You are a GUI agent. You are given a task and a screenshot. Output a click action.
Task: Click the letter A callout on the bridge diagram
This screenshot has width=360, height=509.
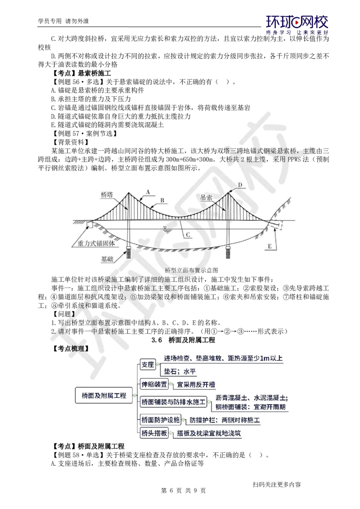point(148,192)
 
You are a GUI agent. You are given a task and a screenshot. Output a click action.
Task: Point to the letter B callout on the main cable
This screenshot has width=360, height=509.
point(162,200)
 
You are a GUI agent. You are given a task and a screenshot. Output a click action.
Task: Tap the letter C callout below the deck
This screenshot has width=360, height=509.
point(188,234)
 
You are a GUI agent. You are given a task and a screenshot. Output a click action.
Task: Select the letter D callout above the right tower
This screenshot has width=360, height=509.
point(240,185)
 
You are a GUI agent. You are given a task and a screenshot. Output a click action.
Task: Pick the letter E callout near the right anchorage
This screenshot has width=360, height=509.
point(270,246)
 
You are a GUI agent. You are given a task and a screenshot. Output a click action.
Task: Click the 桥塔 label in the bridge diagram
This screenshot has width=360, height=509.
point(107,194)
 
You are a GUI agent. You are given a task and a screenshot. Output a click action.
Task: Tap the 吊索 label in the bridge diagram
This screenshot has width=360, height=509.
point(206,197)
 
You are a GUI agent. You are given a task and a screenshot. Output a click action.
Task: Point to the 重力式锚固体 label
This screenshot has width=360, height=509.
point(96,243)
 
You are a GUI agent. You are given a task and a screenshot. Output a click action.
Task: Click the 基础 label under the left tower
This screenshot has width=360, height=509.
point(107,259)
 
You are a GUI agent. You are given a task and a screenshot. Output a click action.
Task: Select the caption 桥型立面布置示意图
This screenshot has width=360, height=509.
point(191,270)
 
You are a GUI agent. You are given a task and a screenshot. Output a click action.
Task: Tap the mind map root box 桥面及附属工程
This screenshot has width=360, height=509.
point(104,395)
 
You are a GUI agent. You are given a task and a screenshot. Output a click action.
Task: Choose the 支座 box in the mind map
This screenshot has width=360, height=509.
point(148,365)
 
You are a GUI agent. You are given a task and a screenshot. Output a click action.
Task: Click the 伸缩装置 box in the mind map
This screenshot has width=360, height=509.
point(154,384)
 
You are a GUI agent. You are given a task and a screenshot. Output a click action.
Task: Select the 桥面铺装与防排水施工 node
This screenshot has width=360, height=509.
point(174,402)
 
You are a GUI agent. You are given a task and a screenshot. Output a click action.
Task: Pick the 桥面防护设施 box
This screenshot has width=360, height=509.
point(161,420)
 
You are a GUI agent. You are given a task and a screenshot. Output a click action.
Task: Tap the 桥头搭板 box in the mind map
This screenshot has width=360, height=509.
point(154,433)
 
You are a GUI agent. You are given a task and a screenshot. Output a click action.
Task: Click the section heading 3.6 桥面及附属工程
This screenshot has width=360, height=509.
point(183,340)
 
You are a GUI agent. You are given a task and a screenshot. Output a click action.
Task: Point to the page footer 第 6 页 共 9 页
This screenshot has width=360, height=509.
point(183,491)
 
